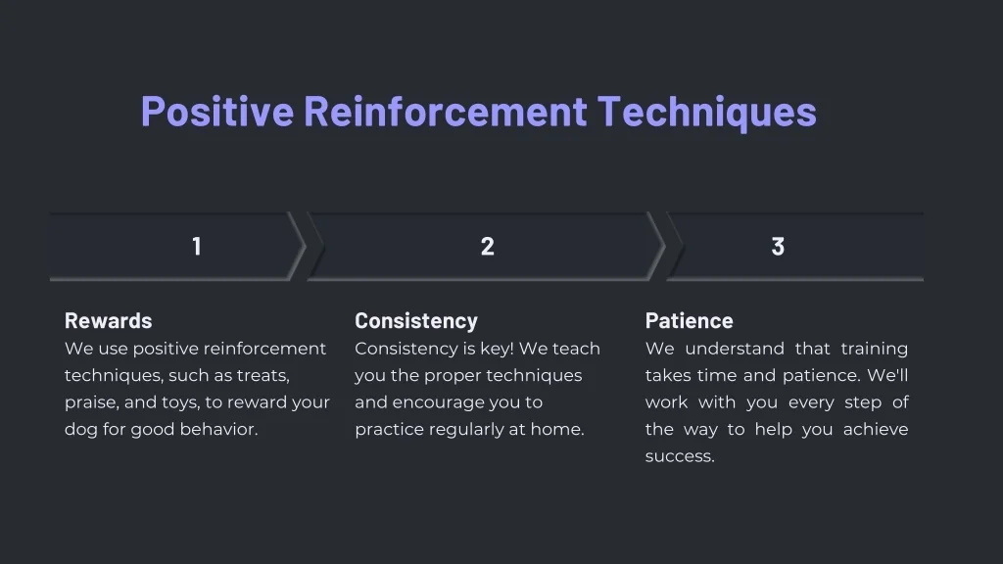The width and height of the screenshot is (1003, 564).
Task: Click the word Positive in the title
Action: point(217,112)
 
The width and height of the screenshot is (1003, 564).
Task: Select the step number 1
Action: point(197,246)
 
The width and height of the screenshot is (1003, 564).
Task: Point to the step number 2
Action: point(488,246)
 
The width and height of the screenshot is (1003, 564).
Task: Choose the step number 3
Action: point(778,246)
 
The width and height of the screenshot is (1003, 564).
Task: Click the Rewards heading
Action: point(108,320)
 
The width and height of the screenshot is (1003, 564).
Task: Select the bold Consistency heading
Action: point(416,320)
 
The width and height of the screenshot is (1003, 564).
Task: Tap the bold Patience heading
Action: point(689,320)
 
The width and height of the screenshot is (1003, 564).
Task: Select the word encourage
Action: point(439,402)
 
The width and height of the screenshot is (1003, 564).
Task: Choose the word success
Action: point(680,456)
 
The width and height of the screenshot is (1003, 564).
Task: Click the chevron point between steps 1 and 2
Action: point(306,246)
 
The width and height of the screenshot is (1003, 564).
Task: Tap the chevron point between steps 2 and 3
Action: point(665,246)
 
